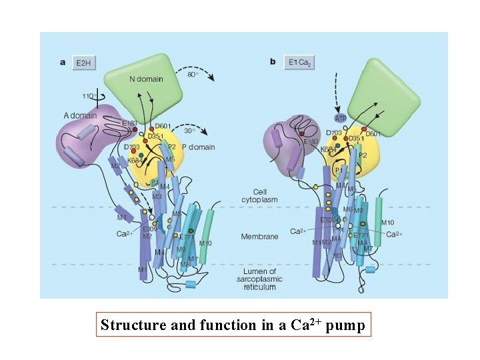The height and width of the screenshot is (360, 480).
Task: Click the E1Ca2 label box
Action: click(299, 63)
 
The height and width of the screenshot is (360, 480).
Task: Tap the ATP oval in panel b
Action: click(341, 118)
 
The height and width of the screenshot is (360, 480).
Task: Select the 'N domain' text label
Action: click(144, 79)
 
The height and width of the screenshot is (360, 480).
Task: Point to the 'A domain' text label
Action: click(80, 115)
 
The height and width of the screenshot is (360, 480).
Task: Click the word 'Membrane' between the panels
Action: click(259, 236)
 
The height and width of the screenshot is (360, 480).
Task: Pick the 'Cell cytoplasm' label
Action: click(259, 195)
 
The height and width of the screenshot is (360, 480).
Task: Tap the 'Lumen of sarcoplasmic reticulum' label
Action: click(259, 279)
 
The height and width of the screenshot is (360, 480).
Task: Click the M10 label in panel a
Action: click(205, 243)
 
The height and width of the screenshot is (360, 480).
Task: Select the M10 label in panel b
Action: click(388, 222)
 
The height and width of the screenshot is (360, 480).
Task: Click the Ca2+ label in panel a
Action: click(124, 234)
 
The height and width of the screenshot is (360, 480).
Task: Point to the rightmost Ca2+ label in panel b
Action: click(395, 234)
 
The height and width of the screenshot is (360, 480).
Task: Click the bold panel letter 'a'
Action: click(63, 63)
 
